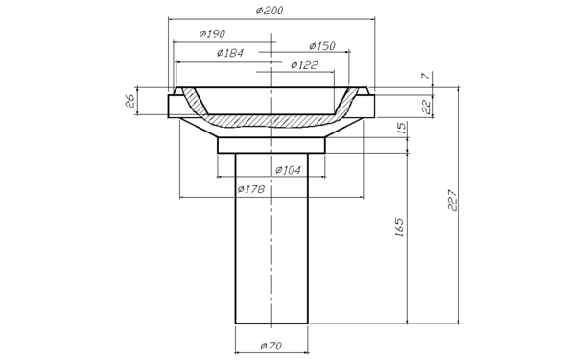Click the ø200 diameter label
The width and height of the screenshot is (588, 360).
coord(270,11)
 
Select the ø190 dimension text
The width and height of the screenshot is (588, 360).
coord(212,34)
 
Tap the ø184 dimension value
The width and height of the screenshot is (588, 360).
coord(230,53)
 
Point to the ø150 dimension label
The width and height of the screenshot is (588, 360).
coord(322,46)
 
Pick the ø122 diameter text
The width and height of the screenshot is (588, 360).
coord(304,65)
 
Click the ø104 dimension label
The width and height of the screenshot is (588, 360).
coord(288,170)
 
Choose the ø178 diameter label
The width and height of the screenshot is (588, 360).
coord(251,189)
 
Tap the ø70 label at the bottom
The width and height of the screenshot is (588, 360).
coord(271,346)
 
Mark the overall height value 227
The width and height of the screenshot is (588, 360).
coord(453,201)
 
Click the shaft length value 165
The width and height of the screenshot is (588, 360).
coord(400,227)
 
